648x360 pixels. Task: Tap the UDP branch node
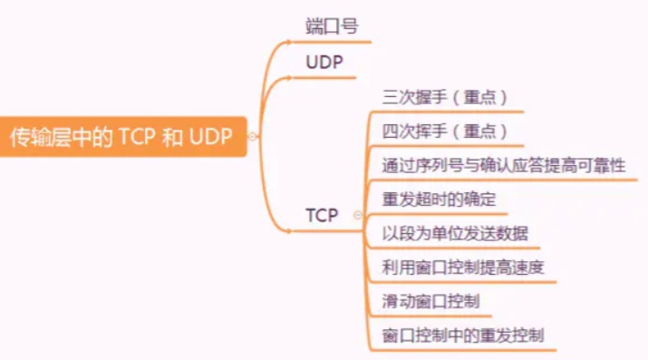(324, 63)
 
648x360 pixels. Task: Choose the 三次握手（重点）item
(444, 97)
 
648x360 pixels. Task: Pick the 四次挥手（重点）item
(444, 131)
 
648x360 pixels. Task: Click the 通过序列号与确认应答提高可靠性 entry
(504, 165)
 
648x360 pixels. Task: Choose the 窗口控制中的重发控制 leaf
(463, 335)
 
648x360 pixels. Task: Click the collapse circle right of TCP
(358, 216)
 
